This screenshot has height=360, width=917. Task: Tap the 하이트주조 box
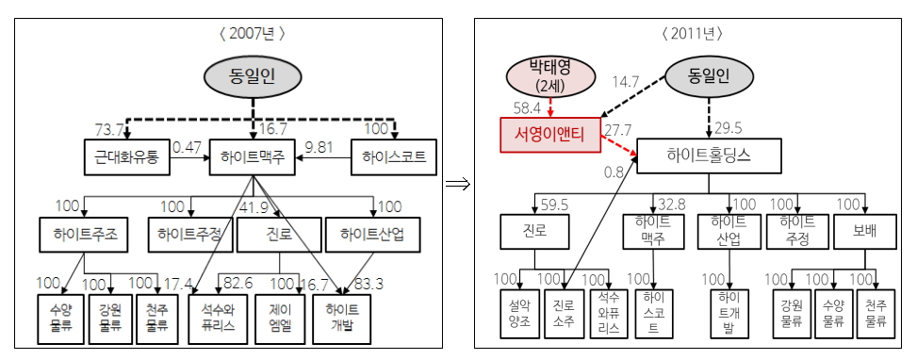pos(85,232)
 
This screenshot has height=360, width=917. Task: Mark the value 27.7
pos(618,128)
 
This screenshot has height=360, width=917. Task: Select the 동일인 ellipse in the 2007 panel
pos(252,78)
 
